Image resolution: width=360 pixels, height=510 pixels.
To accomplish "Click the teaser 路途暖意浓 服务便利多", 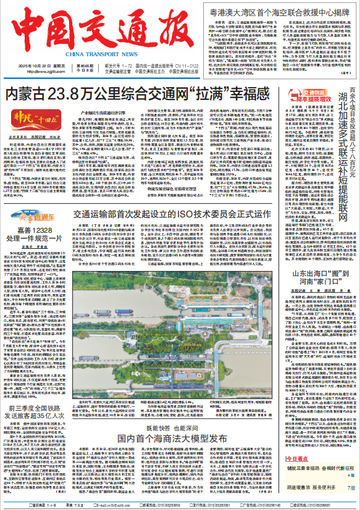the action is click(311, 496).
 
